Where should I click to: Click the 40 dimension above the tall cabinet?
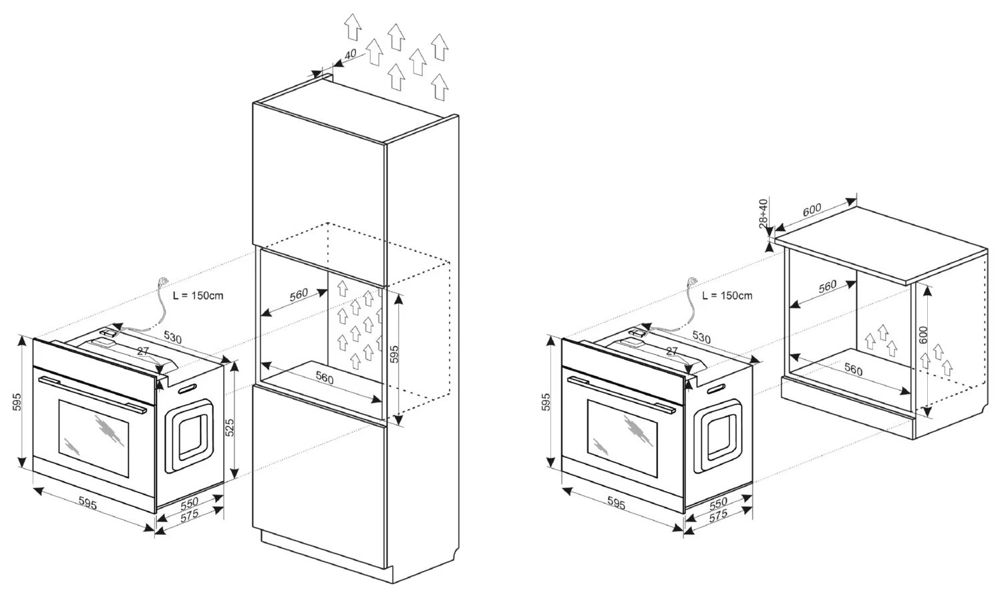351,53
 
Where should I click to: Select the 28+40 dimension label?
764,213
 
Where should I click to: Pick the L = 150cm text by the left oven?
198,295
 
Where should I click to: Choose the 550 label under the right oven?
717,502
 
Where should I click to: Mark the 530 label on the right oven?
701,337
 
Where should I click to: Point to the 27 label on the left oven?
142,351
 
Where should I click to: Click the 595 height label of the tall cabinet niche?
394,353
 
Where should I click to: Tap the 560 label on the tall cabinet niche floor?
324,378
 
